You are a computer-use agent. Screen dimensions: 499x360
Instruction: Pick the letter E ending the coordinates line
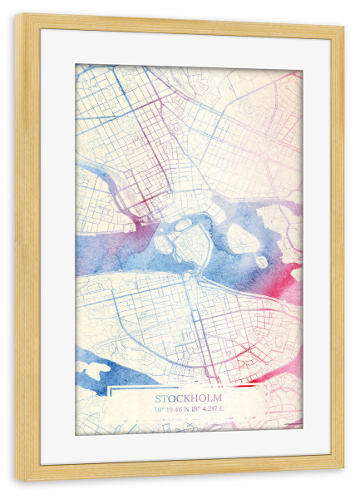click(222, 408)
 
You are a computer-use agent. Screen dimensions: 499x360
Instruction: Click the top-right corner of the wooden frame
click(342, 25)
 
